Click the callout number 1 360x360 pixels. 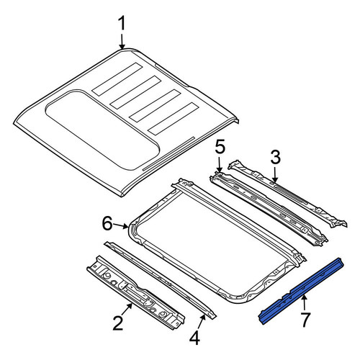coord(122,24)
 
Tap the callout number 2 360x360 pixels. coord(118,323)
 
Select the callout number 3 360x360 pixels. coord(275,158)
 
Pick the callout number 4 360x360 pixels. coord(194,338)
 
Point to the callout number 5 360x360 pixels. coord(220,148)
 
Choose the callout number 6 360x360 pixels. coord(107,223)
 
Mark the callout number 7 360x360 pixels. coord(305,320)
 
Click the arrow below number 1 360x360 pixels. coord(122,41)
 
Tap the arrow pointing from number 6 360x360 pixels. coord(121,225)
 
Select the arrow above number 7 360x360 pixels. coord(304,303)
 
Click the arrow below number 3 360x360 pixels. coord(275,175)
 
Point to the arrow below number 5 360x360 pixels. coord(219,165)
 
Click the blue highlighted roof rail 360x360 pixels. coord(302,291)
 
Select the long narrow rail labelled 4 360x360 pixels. coord(160,280)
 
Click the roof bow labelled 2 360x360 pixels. coord(136,292)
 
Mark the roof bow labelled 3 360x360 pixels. coord(288,194)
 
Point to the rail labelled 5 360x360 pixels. coord(269,208)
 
